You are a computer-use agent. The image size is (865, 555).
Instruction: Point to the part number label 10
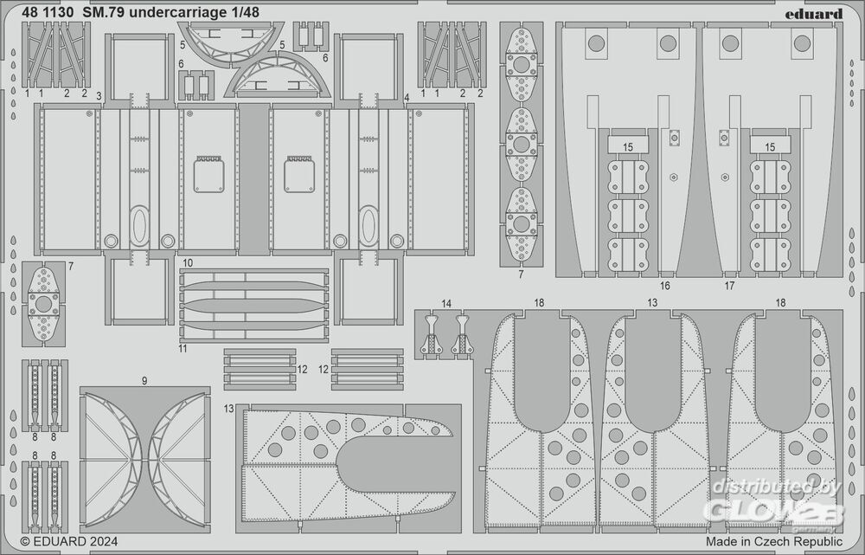click(188, 261)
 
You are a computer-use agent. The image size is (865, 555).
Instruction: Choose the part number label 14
click(446, 303)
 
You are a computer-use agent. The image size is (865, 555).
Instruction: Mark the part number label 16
click(664, 285)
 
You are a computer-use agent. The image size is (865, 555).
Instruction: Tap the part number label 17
click(729, 285)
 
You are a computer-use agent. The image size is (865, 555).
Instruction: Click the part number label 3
click(99, 95)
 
